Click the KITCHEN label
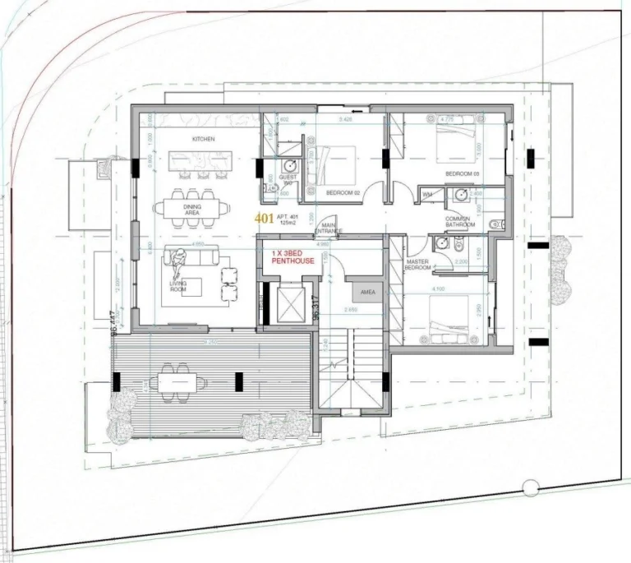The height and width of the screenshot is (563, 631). pyautogui.click(x=204, y=140)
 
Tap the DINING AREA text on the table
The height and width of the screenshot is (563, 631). pyautogui.click(x=192, y=210)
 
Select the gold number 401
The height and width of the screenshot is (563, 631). pyautogui.click(x=264, y=219)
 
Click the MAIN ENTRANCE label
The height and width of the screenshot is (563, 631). pyautogui.click(x=330, y=228)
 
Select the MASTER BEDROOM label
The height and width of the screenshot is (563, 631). pyautogui.click(x=418, y=265)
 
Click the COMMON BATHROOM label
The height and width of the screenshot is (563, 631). pyautogui.click(x=459, y=222)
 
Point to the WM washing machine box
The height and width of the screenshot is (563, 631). pyautogui.click(x=427, y=194)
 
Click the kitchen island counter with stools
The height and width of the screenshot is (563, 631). pyautogui.click(x=202, y=163)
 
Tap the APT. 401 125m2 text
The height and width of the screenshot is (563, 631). pyautogui.click(x=288, y=219)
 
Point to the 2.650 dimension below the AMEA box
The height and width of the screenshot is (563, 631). pyautogui.click(x=350, y=310)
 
